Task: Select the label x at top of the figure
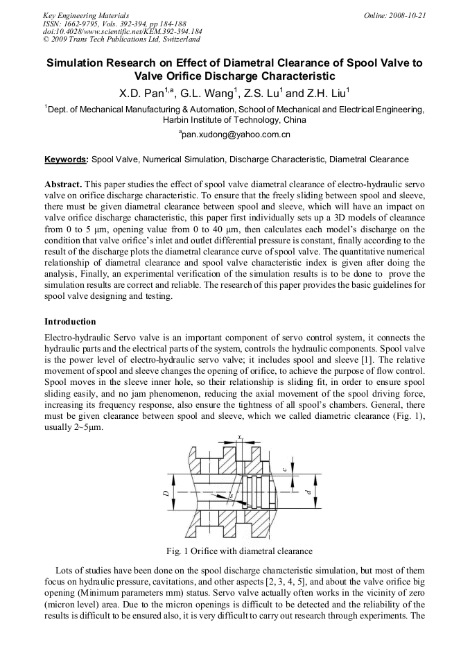tap(239, 437)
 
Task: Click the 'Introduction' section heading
tap(70, 322)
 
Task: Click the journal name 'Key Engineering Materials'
tap(86, 15)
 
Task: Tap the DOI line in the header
tap(123, 31)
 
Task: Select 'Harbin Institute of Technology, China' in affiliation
tap(234, 119)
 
